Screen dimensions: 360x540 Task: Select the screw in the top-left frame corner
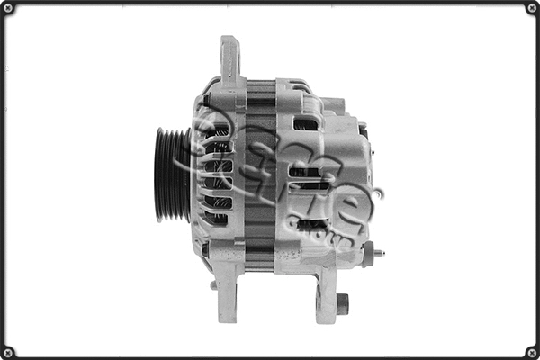8,8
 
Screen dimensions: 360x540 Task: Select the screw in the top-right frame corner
531,8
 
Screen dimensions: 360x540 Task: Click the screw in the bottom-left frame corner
8,351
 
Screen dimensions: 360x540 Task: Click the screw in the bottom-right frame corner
531,351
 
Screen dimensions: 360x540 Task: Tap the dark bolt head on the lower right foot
342,304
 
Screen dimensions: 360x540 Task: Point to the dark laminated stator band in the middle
259,175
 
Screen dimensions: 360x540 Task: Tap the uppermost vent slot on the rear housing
305,124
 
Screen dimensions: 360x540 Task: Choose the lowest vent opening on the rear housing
310,225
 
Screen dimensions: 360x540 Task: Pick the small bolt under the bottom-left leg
214,286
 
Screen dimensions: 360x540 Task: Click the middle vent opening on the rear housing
306,175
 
